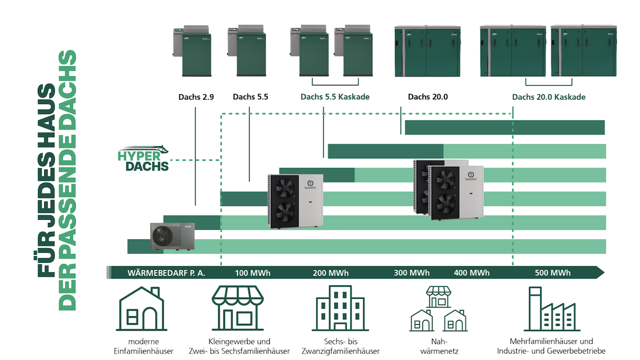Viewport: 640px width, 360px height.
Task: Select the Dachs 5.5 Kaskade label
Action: coord(335,97)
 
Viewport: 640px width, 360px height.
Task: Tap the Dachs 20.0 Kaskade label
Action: coord(549,97)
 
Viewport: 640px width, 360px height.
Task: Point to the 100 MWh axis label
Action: coord(253,273)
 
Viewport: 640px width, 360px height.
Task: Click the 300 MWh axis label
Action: coord(412,273)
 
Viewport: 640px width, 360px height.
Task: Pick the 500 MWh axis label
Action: coord(553,273)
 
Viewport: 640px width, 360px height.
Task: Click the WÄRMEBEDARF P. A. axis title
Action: coord(166,273)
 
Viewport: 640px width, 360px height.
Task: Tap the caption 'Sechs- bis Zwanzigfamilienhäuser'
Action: coord(333,346)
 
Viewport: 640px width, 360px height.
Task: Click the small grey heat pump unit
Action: coord(172,236)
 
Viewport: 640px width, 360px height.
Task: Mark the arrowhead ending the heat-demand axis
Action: coord(601,273)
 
